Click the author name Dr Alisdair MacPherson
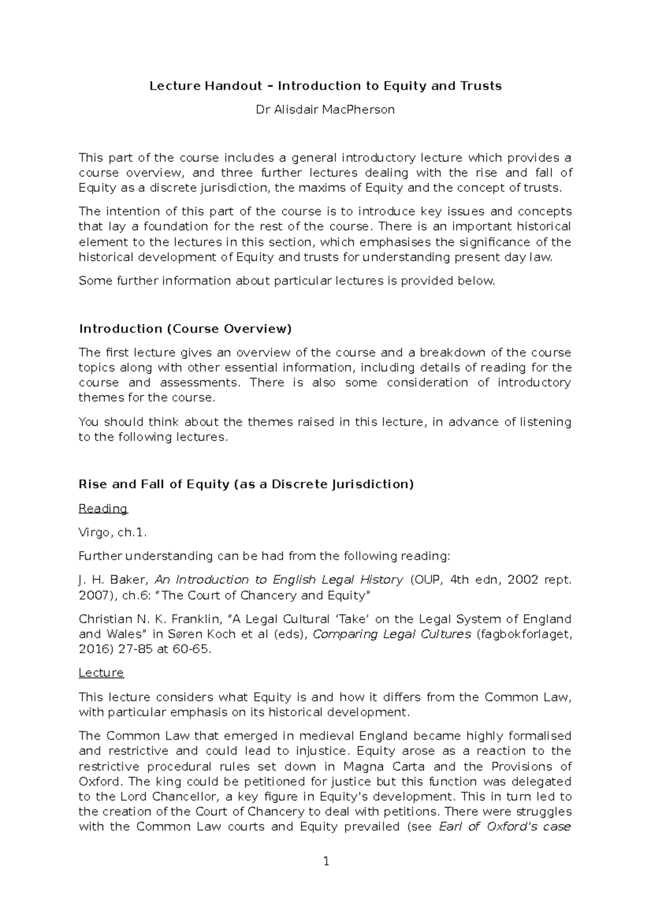click(325, 110)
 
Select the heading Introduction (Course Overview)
click(185, 329)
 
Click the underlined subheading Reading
click(103, 509)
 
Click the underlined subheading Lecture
click(101, 673)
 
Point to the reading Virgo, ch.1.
click(113, 533)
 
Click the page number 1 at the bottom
click(326, 861)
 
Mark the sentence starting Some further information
click(286, 281)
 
